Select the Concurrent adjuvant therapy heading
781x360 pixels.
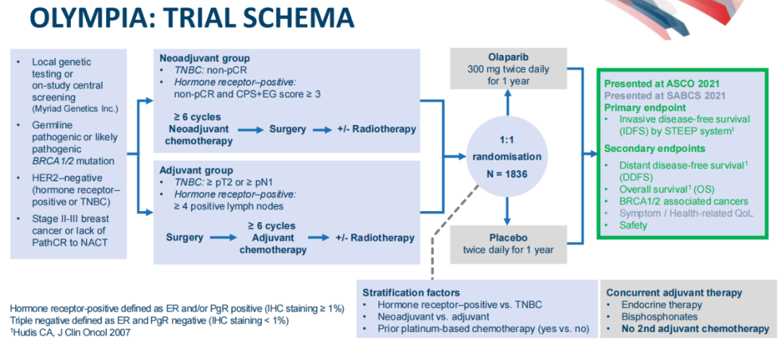674,292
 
